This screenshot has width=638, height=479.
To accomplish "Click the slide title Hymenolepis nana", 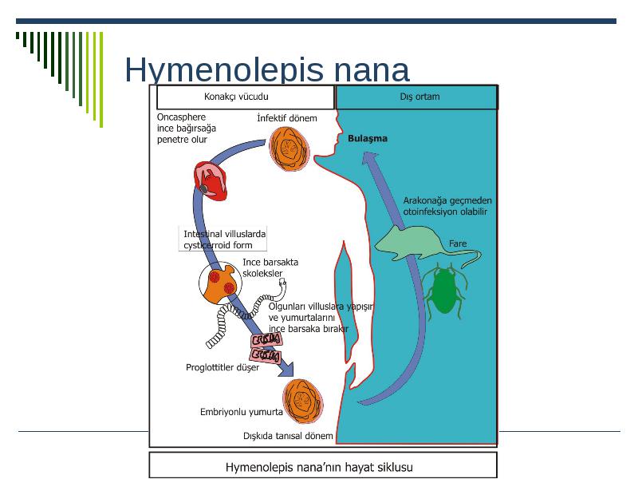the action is point(267,69).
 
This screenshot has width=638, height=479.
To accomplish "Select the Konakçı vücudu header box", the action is point(246,97).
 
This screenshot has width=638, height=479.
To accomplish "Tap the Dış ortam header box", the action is point(417,97).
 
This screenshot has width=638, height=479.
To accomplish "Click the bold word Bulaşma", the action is point(368,138).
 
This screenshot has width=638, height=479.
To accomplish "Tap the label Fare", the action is point(458,243).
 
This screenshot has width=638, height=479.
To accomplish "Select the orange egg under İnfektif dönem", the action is point(289,148).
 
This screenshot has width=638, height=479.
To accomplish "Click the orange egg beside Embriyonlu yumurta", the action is point(303,402).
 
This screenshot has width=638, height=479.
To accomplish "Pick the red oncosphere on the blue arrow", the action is point(210,180).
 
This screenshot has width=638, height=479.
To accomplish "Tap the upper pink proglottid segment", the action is point(266,340).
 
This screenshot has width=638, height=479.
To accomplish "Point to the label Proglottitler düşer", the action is point(223,367).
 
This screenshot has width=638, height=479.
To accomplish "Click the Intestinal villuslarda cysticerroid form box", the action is point(223,239).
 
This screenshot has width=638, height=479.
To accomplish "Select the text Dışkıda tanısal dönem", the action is point(288,436).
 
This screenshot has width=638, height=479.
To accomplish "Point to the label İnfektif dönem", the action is point(287,118).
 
